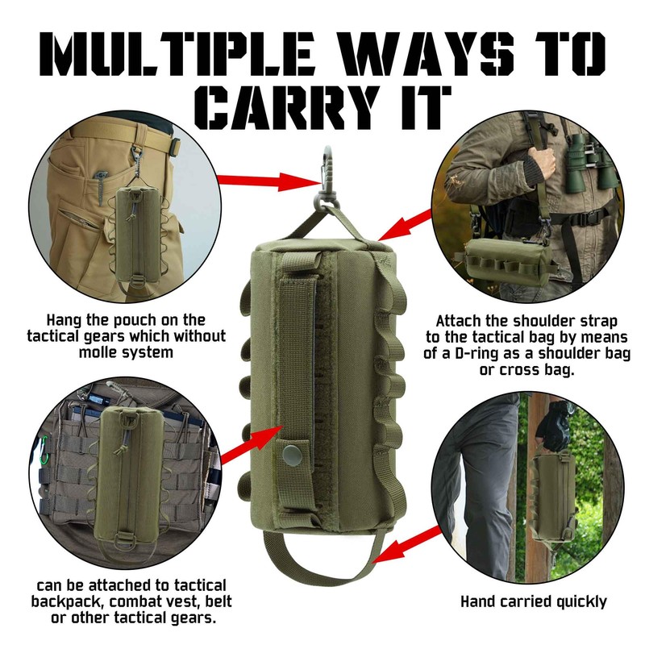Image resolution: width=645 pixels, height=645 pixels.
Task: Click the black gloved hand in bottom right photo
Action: click(x=556, y=423)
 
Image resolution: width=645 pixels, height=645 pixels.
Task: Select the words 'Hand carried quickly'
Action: click(x=533, y=601)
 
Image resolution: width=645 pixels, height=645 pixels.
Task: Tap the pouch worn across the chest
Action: click(x=504, y=263)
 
